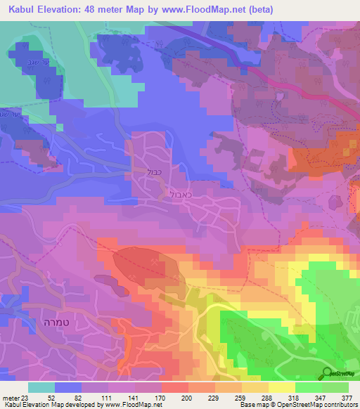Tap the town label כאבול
(177, 192)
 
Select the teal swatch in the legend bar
(41, 387)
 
